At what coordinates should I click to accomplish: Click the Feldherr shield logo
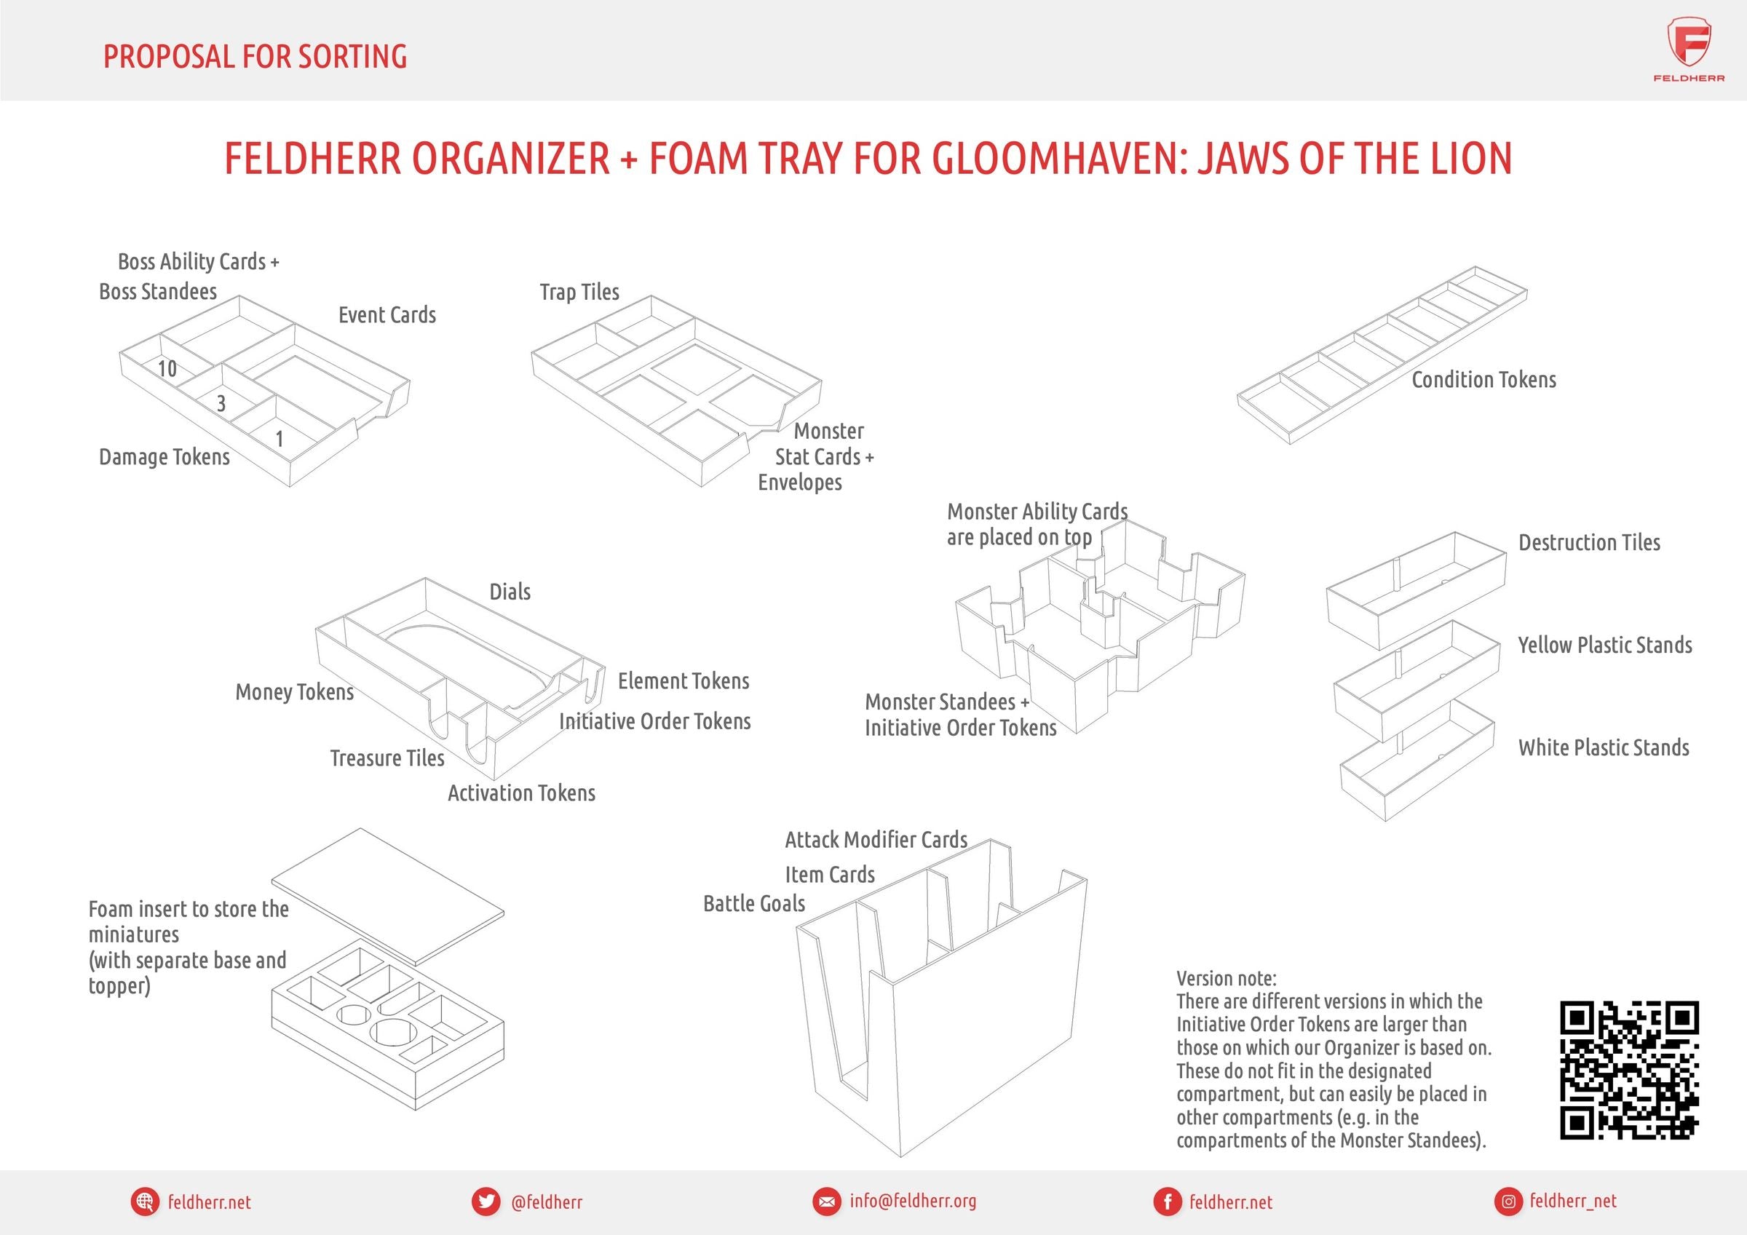click(x=1689, y=46)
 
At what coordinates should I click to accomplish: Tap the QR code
click(x=1629, y=1070)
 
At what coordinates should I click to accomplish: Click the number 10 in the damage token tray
click(x=167, y=369)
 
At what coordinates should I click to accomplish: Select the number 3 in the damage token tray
click(x=221, y=403)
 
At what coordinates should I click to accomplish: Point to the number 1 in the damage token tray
click(x=280, y=439)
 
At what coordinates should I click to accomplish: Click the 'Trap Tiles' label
click(x=579, y=293)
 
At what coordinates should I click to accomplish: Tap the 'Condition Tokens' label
click(x=1483, y=380)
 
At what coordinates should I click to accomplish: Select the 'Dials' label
click(x=510, y=592)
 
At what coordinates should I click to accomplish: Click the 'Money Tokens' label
click(x=295, y=691)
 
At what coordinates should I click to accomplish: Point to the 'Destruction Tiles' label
click(x=1589, y=543)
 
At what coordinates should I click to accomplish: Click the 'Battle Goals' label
click(x=753, y=903)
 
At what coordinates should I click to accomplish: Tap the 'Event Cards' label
click(x=387, y=315)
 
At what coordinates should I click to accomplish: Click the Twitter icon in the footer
click(x=486, y=1202)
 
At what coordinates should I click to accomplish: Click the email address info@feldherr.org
click(x=912, y=1201)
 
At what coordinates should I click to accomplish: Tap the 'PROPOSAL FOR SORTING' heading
click(x=255, y=56)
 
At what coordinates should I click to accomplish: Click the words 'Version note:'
click(x=1226, y=978)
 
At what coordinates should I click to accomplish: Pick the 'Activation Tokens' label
click(x=521, y=793)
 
